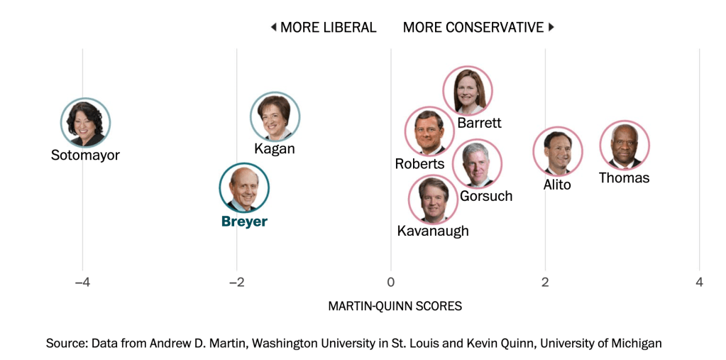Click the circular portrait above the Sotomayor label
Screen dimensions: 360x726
[x=85, y=122]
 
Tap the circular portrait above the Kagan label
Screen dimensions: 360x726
[x=275, y=116]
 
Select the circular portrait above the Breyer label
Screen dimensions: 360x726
[x=244, y=188]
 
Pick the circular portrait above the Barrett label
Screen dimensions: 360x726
[x=468, y=91]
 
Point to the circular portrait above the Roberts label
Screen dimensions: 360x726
[x=429, y=131]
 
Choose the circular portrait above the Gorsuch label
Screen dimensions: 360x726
[x=477, y=164]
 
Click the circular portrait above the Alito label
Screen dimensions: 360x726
[x=558, y=151]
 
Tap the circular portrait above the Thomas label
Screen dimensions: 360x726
[x=625, y=145]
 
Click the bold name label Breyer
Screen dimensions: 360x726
[x=244, y=222]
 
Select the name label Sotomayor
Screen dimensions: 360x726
[x=85, y=155]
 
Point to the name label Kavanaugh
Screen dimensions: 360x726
[x=433, y=231]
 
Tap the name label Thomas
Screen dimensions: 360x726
[x=624, y=178]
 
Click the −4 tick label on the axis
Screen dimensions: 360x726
[x=82, y=283]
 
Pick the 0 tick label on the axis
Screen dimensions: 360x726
[x=391, y=283]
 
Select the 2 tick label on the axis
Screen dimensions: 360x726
[x=545, y=283]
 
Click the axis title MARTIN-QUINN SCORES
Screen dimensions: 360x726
[x=395, y=306]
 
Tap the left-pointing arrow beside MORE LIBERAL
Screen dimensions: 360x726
[x=273, y=28]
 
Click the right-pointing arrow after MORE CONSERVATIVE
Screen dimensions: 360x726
[x=551, y=28]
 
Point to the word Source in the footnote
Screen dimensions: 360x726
[x=66, y=344]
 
